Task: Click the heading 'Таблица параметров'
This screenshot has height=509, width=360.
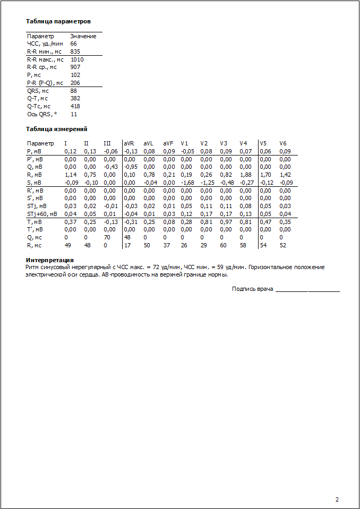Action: click(58, 22)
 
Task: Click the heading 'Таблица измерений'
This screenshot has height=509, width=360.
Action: click(57, 129)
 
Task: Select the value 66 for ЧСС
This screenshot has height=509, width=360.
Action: click(73, 44)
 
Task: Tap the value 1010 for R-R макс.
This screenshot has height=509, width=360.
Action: click(77, 59)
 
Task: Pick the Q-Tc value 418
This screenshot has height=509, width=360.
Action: click(75, 106)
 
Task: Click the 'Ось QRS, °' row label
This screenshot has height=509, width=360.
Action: click(42, 114)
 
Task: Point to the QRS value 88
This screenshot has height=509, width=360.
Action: click(73, 91)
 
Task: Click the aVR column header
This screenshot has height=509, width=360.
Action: click(129, 143)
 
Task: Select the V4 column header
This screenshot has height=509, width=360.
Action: click(243, 143)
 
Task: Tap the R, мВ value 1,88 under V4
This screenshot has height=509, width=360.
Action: click(246, 175)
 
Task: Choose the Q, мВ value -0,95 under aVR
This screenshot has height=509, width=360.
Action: click(130, 167)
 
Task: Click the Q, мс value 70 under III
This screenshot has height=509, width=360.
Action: click(107, 237)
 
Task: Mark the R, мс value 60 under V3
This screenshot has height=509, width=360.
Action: click(223, 245)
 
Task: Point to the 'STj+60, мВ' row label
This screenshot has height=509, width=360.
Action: click(42, 214)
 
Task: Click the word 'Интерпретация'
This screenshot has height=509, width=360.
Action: click(49, 260)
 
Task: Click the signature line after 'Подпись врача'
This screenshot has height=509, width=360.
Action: click(307, 290)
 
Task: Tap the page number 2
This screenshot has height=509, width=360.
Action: click(337, 499)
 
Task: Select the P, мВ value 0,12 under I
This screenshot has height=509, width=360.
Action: click(70, 151)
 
